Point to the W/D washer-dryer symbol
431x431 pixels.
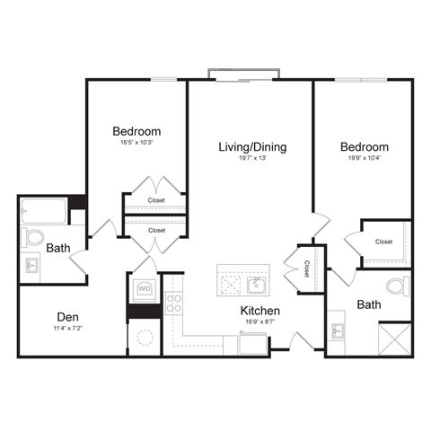(144, 289)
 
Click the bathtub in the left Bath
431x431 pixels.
(45, 213)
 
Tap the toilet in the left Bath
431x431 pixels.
(33, 239)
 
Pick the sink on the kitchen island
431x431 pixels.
(256, 285)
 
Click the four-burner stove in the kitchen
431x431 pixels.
(172, 303)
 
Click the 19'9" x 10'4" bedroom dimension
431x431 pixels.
(365, 159)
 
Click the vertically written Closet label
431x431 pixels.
(305, 268)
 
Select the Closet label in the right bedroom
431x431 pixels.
(383, 242)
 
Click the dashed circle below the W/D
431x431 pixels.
(144, 339)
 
